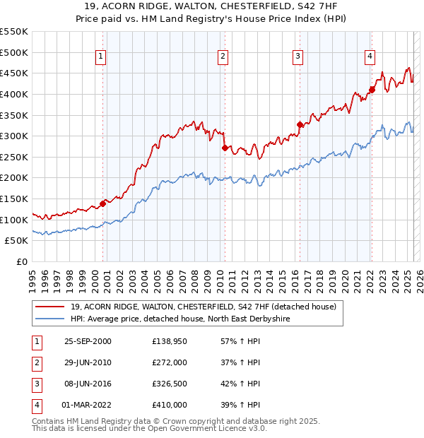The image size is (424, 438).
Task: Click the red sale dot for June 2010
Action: [x=225, y=148]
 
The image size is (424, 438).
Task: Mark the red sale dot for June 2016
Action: [x=300, y=125]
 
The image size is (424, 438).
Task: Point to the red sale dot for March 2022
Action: [x=372, y=90]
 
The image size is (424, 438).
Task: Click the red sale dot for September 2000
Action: [x=103, y=203]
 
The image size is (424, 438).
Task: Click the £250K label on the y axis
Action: [x=14, y=157]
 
